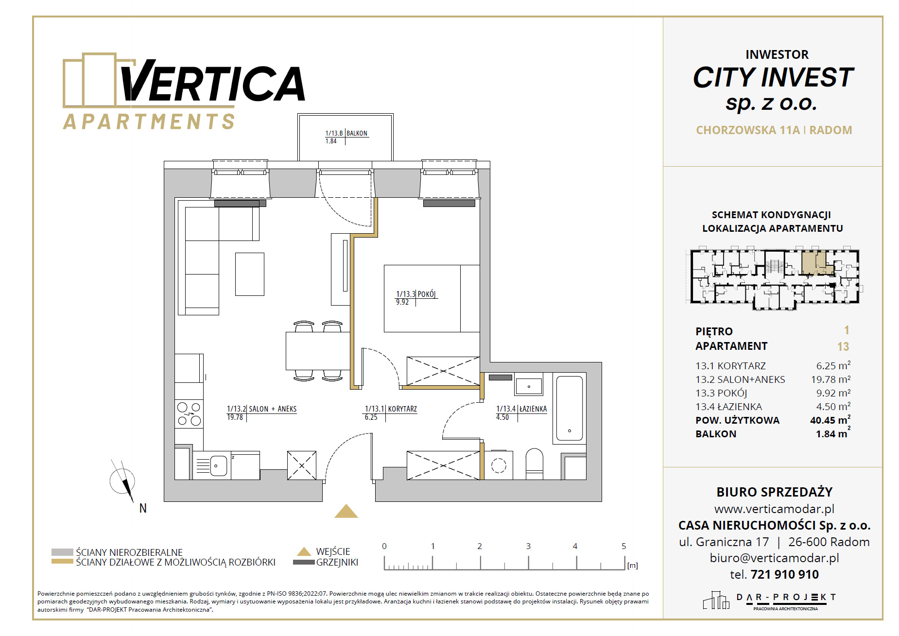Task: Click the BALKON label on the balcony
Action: tap(357, 133)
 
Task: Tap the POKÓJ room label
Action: tap(427, 294)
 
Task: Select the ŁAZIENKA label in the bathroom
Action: tap(533, 409)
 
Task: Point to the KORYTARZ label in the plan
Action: tap(402, 409)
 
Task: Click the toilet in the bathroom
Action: tap(534, 464)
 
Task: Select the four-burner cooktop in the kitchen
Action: tap(189, 414)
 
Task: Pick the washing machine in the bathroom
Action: tap(499, 465)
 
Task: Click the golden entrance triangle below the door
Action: tap(346, 512)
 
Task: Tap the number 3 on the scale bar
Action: tap(528, 546)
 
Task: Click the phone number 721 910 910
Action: tap(784, 574)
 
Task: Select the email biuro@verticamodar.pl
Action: tap(774, 558)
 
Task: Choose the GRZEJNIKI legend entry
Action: tap(337, 562)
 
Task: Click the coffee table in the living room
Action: tap(250, 274)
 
